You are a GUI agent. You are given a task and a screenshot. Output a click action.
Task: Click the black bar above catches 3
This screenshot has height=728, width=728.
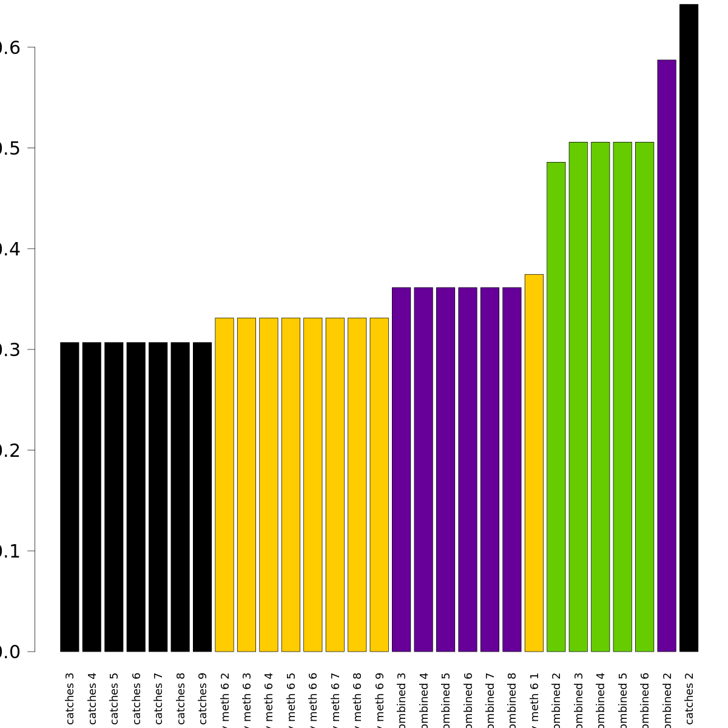(70, 497)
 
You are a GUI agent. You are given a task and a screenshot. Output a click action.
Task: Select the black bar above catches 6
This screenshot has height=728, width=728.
(136, 497)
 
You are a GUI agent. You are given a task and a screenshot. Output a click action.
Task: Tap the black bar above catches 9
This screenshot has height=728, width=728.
(202, 497)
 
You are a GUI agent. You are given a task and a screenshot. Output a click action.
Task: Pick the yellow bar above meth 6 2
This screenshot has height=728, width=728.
(224, 485)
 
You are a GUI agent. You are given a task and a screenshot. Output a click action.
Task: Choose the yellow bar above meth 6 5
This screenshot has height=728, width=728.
(291, 485)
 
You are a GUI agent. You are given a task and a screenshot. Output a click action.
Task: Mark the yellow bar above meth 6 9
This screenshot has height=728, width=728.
(379, 485)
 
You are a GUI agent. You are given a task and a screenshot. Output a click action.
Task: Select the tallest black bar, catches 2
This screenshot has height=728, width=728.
(689, 328)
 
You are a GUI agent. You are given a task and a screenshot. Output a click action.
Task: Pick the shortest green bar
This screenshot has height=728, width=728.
(556, 406)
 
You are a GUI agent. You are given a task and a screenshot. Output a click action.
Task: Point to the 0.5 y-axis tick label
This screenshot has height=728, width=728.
(13, 148)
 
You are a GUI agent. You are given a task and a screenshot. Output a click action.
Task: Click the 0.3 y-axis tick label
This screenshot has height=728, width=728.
(13, 349)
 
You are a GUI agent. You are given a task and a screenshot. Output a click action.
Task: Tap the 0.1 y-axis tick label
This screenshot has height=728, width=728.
(13, 551)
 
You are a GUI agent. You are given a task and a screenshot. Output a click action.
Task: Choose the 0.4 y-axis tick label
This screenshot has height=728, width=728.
(13, 249)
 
